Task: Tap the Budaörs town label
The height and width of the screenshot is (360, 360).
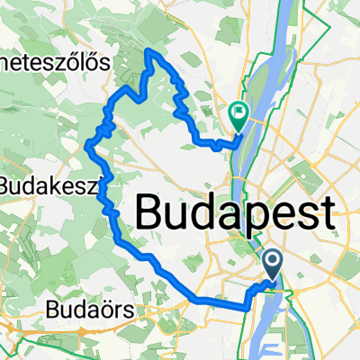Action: pos(90,310)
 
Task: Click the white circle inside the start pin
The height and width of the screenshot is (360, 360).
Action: pos(274,261)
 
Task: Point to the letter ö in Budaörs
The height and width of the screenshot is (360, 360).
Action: pos(106,310)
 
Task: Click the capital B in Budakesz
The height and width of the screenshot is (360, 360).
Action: pos(8,186)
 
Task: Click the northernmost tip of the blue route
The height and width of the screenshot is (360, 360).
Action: pos(148,51)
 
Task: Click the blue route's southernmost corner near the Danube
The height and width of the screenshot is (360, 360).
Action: pos(246,309)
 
